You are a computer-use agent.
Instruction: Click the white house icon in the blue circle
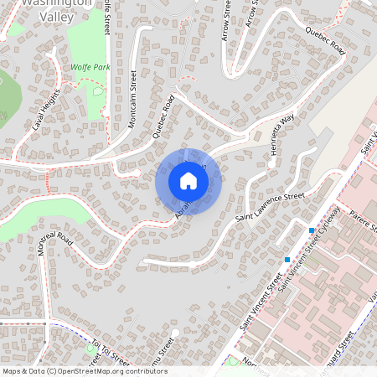(188, 181)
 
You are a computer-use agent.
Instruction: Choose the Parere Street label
(364, 220)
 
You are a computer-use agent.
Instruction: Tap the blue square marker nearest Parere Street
(312, 230)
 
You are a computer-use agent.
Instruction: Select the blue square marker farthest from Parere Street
(287, 260)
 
